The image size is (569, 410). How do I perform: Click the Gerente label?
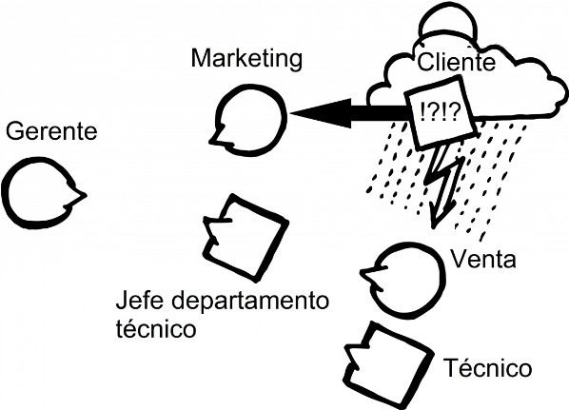tap(51, 131)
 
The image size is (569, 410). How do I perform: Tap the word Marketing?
tap(246, 59)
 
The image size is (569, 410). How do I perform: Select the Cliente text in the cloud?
tap(456, 62)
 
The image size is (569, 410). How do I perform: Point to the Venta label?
tap(483, 260)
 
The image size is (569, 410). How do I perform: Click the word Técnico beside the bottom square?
tap(487, 367)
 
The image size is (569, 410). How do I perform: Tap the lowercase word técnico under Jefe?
tap(156, 328)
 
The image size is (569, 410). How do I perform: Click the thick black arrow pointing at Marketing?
tap(348, 113)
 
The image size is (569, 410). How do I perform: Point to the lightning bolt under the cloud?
tap(443, 185)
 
